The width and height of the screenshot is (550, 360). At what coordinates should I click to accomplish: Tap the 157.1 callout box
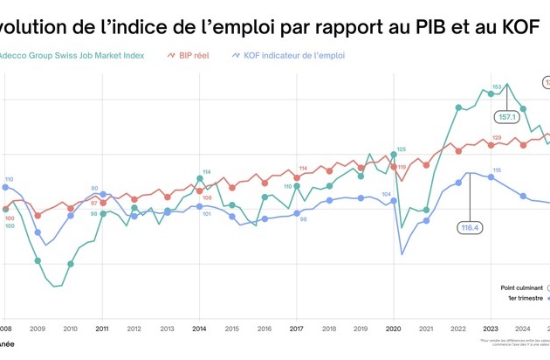[507, 115]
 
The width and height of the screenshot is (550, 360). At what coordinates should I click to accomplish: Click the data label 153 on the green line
[497, 87]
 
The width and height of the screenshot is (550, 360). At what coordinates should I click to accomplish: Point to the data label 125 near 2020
[402, 149]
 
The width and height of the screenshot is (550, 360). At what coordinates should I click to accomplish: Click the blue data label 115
[497, 170]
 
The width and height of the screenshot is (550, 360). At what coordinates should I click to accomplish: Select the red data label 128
[497, 137]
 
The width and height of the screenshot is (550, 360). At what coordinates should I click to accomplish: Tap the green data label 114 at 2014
[207, 171]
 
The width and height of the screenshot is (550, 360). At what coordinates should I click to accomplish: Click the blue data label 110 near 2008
[8, 178]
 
